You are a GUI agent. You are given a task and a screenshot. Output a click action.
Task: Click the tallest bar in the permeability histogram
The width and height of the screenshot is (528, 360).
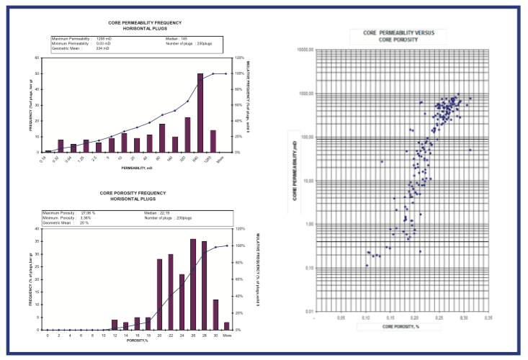click(x=200, y=113)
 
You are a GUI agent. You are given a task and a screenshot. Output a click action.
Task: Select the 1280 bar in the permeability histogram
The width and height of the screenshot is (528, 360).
click(x=212, y=141)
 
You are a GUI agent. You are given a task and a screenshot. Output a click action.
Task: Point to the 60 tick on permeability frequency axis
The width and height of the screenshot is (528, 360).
click(x=37, y=58)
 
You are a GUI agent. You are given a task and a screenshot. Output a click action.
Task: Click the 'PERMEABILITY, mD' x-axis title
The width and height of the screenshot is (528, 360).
click(x=136, y=166)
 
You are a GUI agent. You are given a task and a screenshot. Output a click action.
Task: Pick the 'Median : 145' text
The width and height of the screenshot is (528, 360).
click(x=176, y=38)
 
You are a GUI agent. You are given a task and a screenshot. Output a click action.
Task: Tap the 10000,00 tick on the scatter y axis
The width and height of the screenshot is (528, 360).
click(x=309, y=50)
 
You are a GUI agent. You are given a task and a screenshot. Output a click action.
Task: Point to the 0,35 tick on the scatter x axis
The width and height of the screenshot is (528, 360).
click(x=488, y=317)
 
